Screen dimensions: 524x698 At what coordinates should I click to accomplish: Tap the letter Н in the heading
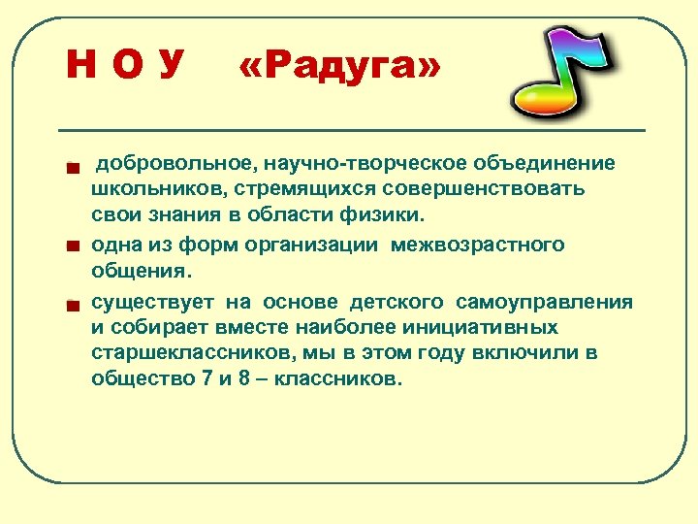click(x=79, y=66)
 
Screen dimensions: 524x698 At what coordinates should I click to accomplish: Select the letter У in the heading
click(x=170, y=66)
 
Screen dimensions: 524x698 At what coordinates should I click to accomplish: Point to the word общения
click(x=142, y=270)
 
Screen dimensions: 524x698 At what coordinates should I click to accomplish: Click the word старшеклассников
click(x=183, y=352)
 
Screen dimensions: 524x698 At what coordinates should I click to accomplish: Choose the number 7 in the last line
click(x=206, y=378)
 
